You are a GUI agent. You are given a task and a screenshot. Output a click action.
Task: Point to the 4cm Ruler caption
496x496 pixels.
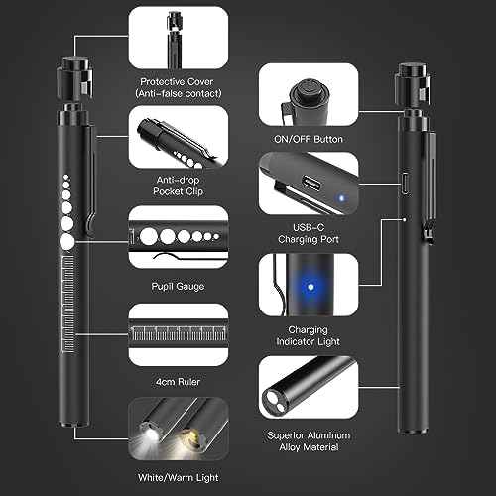(x=179, y=379)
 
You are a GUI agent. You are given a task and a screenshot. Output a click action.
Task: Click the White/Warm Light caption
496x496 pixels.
(x=179, y=480)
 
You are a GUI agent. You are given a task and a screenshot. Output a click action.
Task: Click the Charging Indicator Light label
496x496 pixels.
(x=309, y=336)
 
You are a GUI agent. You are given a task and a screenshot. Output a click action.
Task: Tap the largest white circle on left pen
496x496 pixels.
(x=66, y=241)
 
